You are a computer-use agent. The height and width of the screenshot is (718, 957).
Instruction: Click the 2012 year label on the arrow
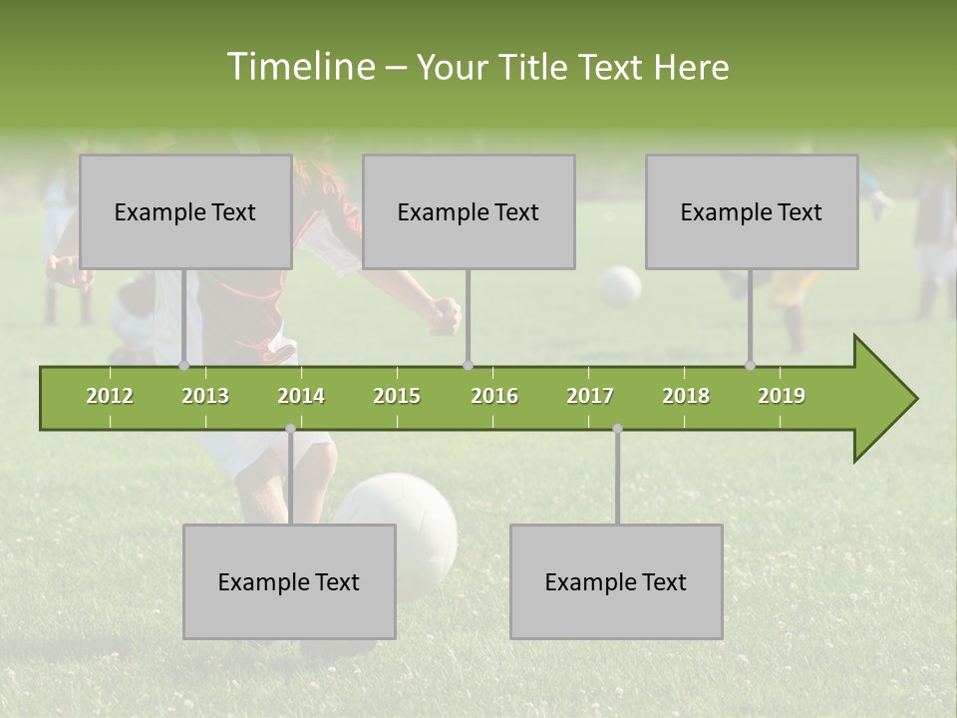[110, 396]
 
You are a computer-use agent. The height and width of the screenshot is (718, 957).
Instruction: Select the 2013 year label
[205, 396]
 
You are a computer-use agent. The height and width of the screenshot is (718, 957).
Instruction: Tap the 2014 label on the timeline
[301, 396]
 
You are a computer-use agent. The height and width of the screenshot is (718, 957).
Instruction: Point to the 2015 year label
[397, 396]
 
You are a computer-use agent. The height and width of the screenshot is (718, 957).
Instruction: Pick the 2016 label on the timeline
[494, 396]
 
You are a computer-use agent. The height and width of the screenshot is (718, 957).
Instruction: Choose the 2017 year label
[590, 396]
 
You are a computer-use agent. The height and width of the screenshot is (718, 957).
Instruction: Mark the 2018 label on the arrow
[686, 396]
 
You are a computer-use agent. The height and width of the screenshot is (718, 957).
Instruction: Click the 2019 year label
[782, 396]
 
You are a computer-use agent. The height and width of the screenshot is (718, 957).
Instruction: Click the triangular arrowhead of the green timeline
[882, 399]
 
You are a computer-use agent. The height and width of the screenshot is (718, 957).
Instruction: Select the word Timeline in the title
[300, 67]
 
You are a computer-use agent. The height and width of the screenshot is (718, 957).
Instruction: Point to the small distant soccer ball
[619, 286]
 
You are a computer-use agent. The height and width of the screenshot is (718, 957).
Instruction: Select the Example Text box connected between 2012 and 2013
[185, 211]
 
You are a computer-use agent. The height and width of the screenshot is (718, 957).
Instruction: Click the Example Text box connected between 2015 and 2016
[469, 211]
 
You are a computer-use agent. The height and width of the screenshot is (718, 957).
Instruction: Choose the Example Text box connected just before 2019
[752, 211]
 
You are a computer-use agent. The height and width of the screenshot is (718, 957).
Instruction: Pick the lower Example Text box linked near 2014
[289, 581]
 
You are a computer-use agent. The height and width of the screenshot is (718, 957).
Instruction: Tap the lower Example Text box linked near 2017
[616, 581]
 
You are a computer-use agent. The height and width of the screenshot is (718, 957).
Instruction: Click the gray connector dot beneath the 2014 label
[290, 429]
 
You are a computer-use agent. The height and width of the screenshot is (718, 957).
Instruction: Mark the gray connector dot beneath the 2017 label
[617, 429]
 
